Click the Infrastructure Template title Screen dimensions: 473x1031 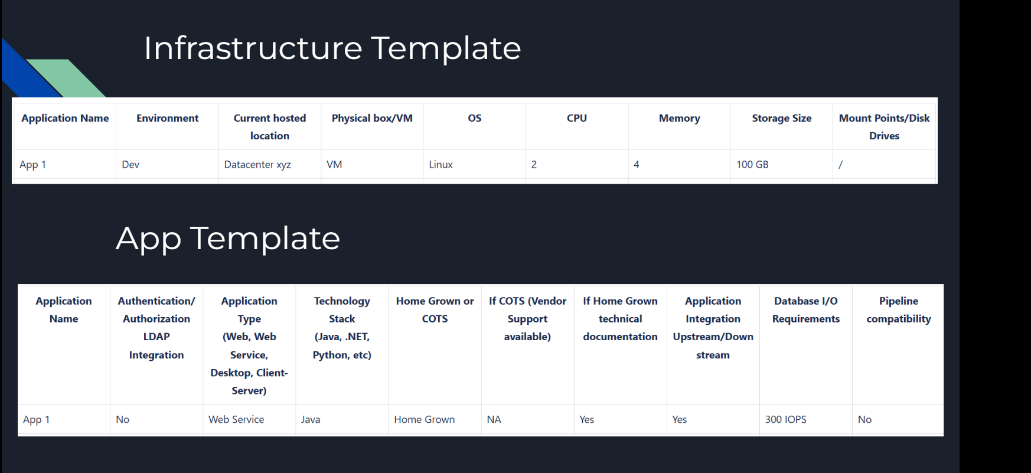click(332, 48)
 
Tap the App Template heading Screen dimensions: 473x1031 click(228, 239)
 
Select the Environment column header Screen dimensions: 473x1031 click(167, 118)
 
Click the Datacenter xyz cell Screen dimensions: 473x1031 click(257, 165)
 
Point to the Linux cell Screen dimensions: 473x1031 click(441, 165)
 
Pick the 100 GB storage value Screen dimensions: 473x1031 click(752, 165)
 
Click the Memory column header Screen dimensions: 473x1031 click(679, 118)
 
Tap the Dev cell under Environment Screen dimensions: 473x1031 click(130, 165)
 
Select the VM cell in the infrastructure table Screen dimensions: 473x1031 click(334, 165)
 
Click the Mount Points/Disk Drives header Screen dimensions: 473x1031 click(884, 126)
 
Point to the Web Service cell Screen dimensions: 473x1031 click(236, 419)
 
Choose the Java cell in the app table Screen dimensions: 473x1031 click(311, 419)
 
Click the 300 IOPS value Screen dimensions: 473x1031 click(785, 419)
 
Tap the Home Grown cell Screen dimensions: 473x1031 click(424, 419)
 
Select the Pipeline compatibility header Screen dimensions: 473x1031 click(898, 309)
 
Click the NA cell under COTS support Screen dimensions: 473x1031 click(494, 419)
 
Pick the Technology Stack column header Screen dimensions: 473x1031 click(342, 327)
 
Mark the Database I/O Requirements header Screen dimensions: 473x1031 click(805, 309)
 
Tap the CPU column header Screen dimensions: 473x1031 click(576, 118)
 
